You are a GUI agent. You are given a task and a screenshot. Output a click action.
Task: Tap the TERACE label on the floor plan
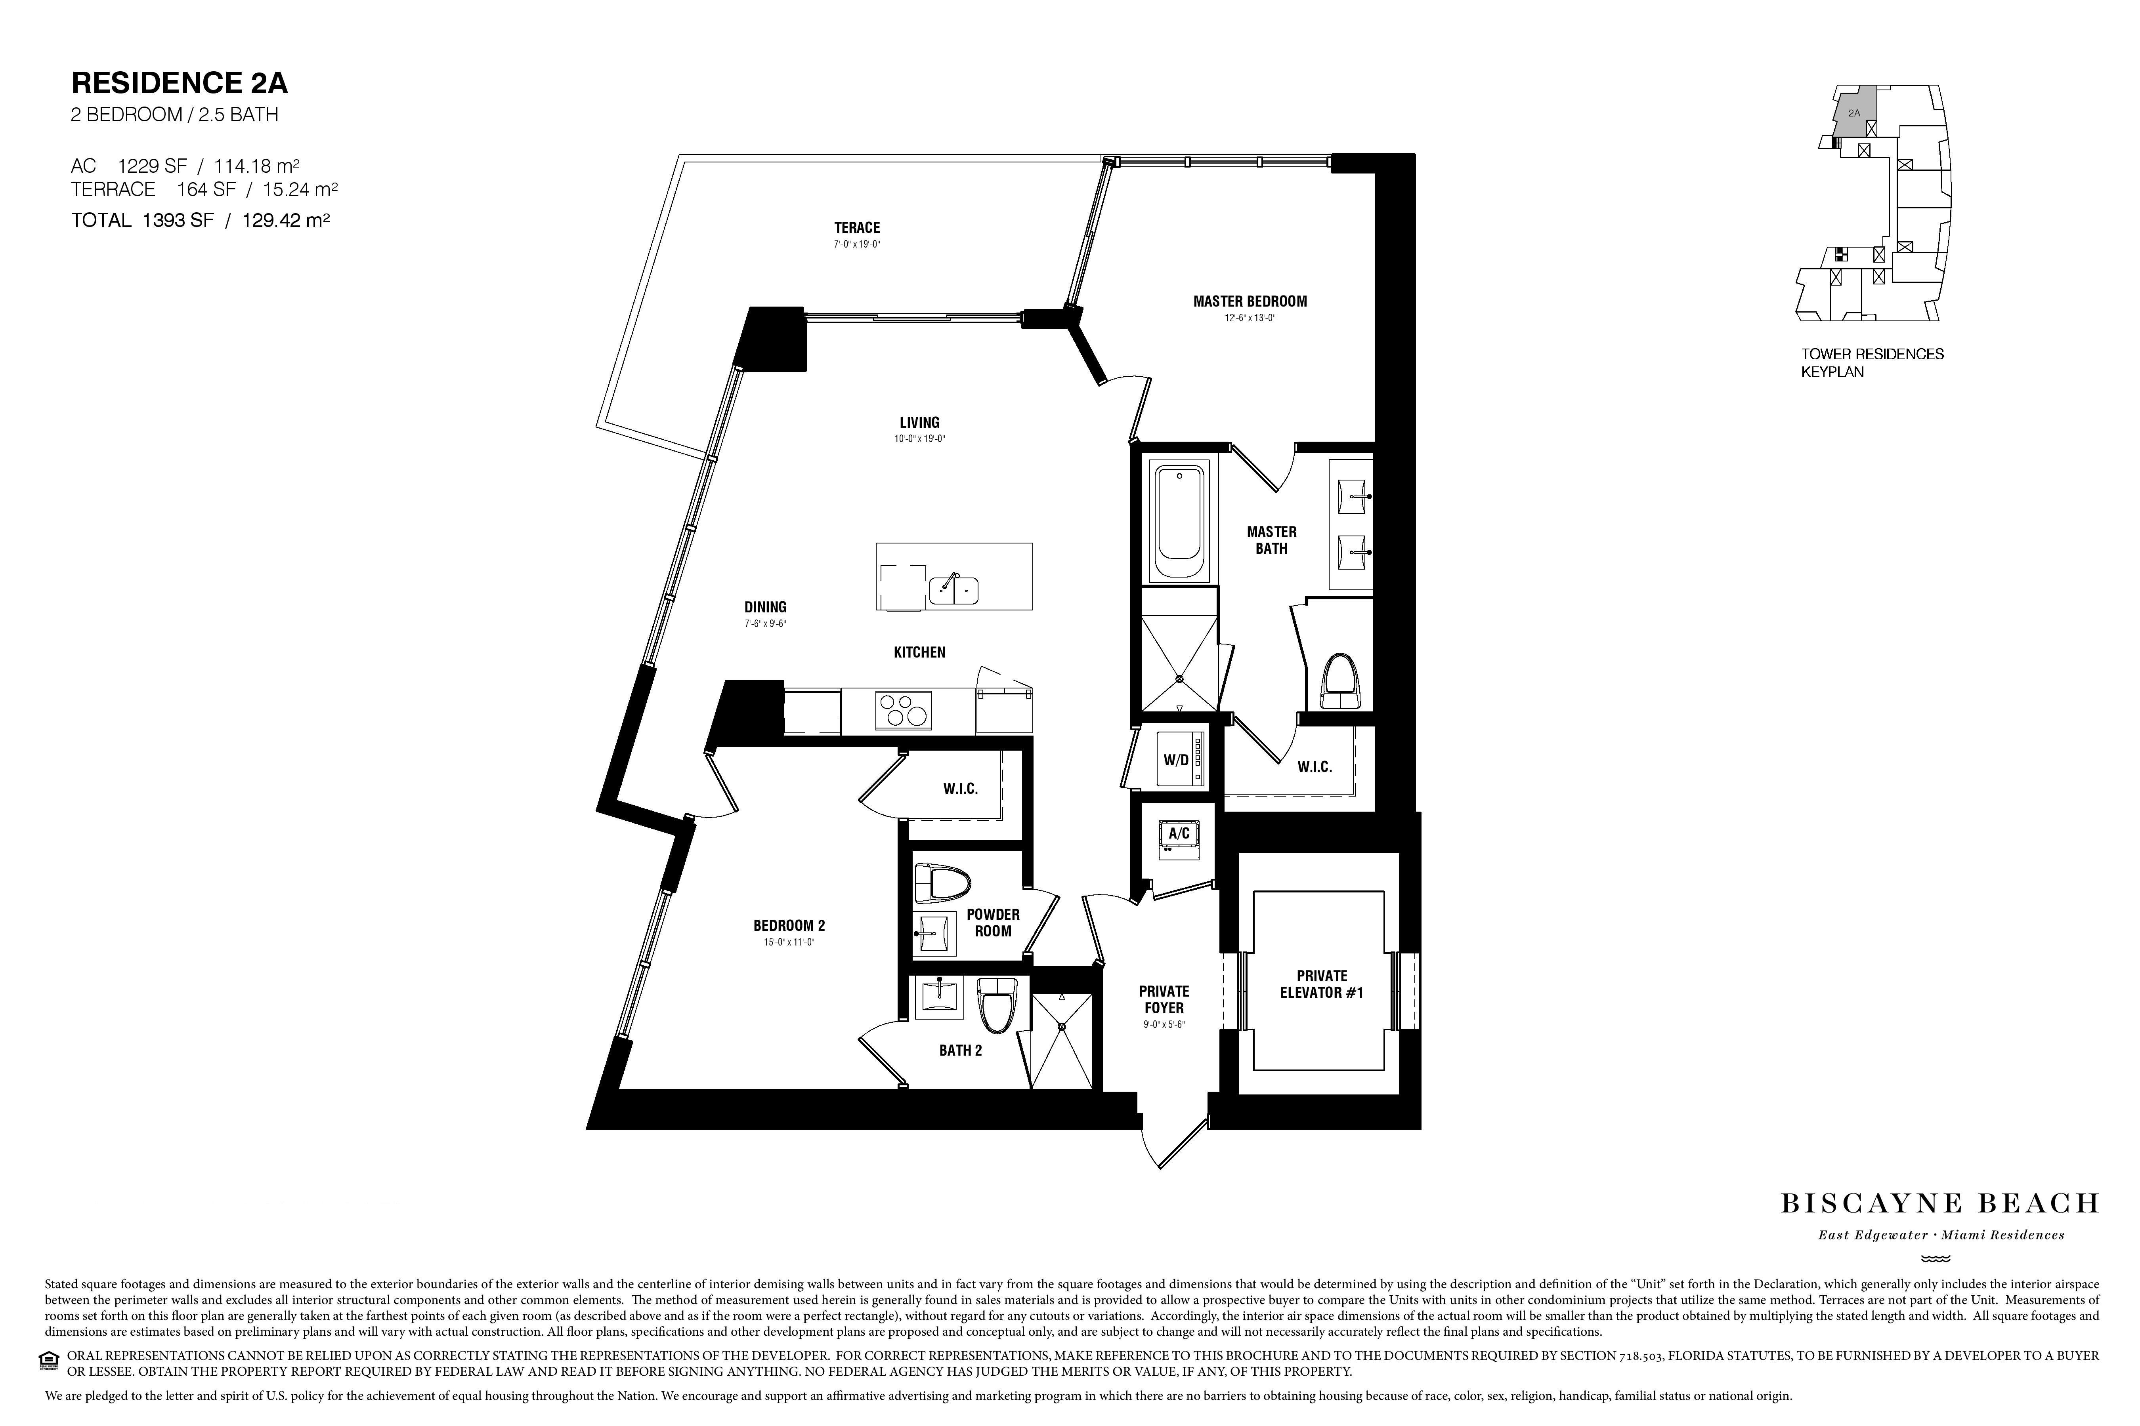click(x=857, y=227)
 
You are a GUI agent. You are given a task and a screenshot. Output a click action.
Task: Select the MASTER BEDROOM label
click(x=1250, y=301)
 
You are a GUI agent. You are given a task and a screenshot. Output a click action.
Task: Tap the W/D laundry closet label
click(x=1177, y=759)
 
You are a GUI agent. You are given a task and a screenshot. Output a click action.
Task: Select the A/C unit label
click(x=1179, y=833)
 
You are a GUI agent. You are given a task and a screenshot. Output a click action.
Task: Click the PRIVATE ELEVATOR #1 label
click(x=1322, y=984)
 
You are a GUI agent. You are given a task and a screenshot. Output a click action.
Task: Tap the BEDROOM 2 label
click(x=789, y=926)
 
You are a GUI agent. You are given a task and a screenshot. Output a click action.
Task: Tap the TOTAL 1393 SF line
click(x=200, y=220)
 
